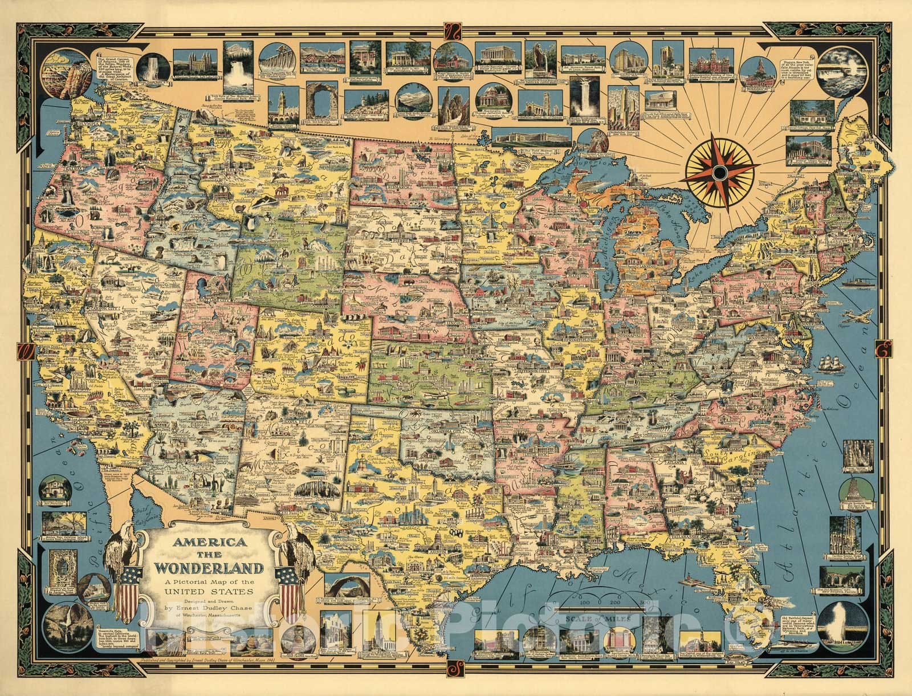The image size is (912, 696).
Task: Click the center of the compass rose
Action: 722,172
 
